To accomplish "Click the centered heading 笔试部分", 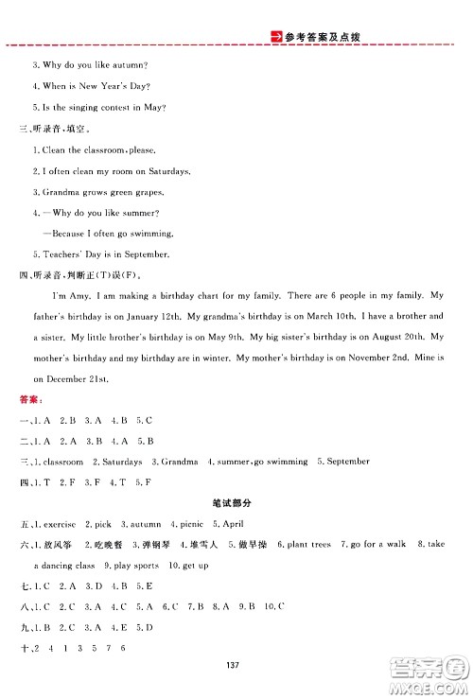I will [x=236, y=502].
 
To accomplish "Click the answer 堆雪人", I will [x=203, y=545].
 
